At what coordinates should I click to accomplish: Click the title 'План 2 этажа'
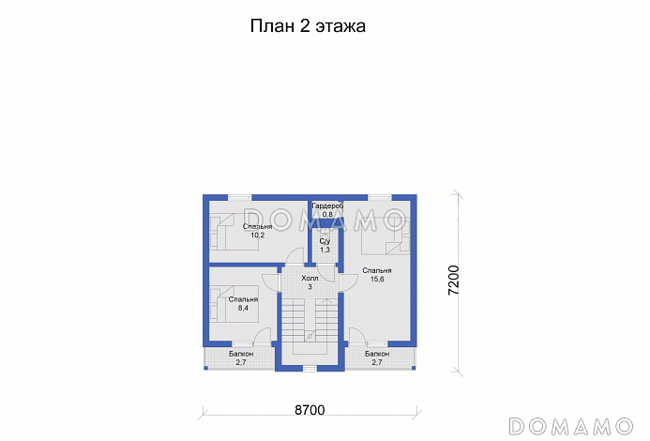tap(307, 27)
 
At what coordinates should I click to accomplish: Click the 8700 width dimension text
tap(310, 411)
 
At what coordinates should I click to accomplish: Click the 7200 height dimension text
tap(454, 281)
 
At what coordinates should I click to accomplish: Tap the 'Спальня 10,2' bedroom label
tap(257, 231)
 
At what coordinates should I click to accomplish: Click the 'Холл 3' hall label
tap(310, 282)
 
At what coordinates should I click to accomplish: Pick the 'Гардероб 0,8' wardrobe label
tap(327, 209)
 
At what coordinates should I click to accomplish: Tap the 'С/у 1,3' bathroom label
tap(325, 246)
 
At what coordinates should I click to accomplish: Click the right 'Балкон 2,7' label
tap(377, 357)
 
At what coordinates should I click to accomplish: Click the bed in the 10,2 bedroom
tap(226, 230)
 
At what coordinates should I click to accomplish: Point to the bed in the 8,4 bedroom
tap(219, 302)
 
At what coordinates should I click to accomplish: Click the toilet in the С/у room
tap(325, 233)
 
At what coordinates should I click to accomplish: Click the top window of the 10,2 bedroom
tap(239, 196)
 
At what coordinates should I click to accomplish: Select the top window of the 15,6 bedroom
tap(380, 196)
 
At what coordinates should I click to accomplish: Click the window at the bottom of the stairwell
tap(310, 368)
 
